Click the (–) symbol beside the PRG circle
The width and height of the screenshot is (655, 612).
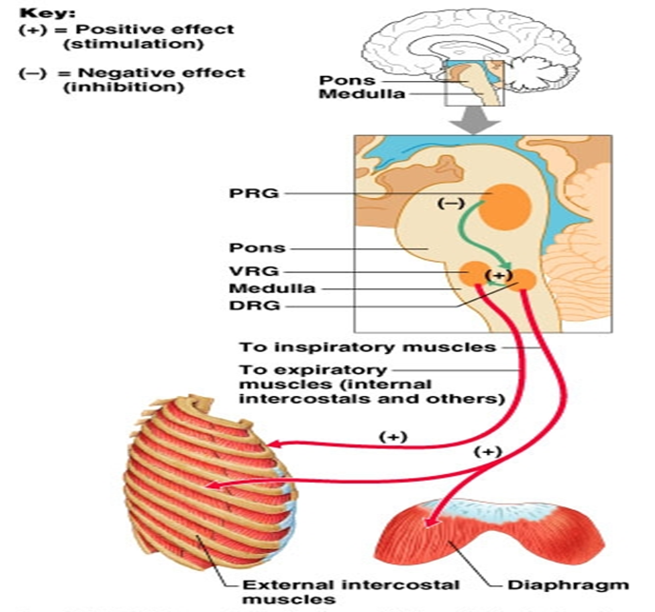pyautogui.click(x=451, y=203)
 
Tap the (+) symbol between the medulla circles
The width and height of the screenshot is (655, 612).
pyautogui.click(x=498, y=276)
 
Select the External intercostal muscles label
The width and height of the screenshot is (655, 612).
pyautogui.click(x=323, y=591)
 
